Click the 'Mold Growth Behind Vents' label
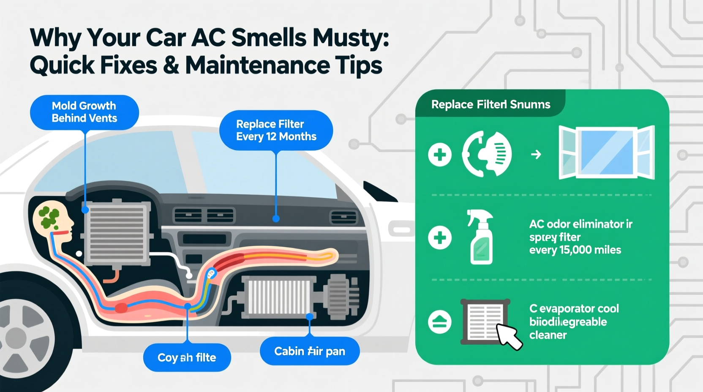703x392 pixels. coord(84,112)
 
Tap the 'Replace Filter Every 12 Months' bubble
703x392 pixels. coord(276,130)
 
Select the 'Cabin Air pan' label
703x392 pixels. coord(310,351)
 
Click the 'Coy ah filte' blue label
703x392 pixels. coord(187,357)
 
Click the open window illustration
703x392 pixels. coord(606,153)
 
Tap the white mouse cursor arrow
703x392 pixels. coord(509,337)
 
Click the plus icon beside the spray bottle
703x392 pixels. coord(440,237)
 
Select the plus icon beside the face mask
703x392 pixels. coord(440,155)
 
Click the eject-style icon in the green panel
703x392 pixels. coord(440,322)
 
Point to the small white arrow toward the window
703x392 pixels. coord(536,155)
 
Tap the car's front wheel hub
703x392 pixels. coord(17,338)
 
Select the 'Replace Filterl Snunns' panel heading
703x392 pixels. coord(490,104)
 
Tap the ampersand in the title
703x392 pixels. coord(171,65)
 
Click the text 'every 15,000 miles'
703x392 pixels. coord(575,250)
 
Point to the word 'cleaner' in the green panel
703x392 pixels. coord(548,335)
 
